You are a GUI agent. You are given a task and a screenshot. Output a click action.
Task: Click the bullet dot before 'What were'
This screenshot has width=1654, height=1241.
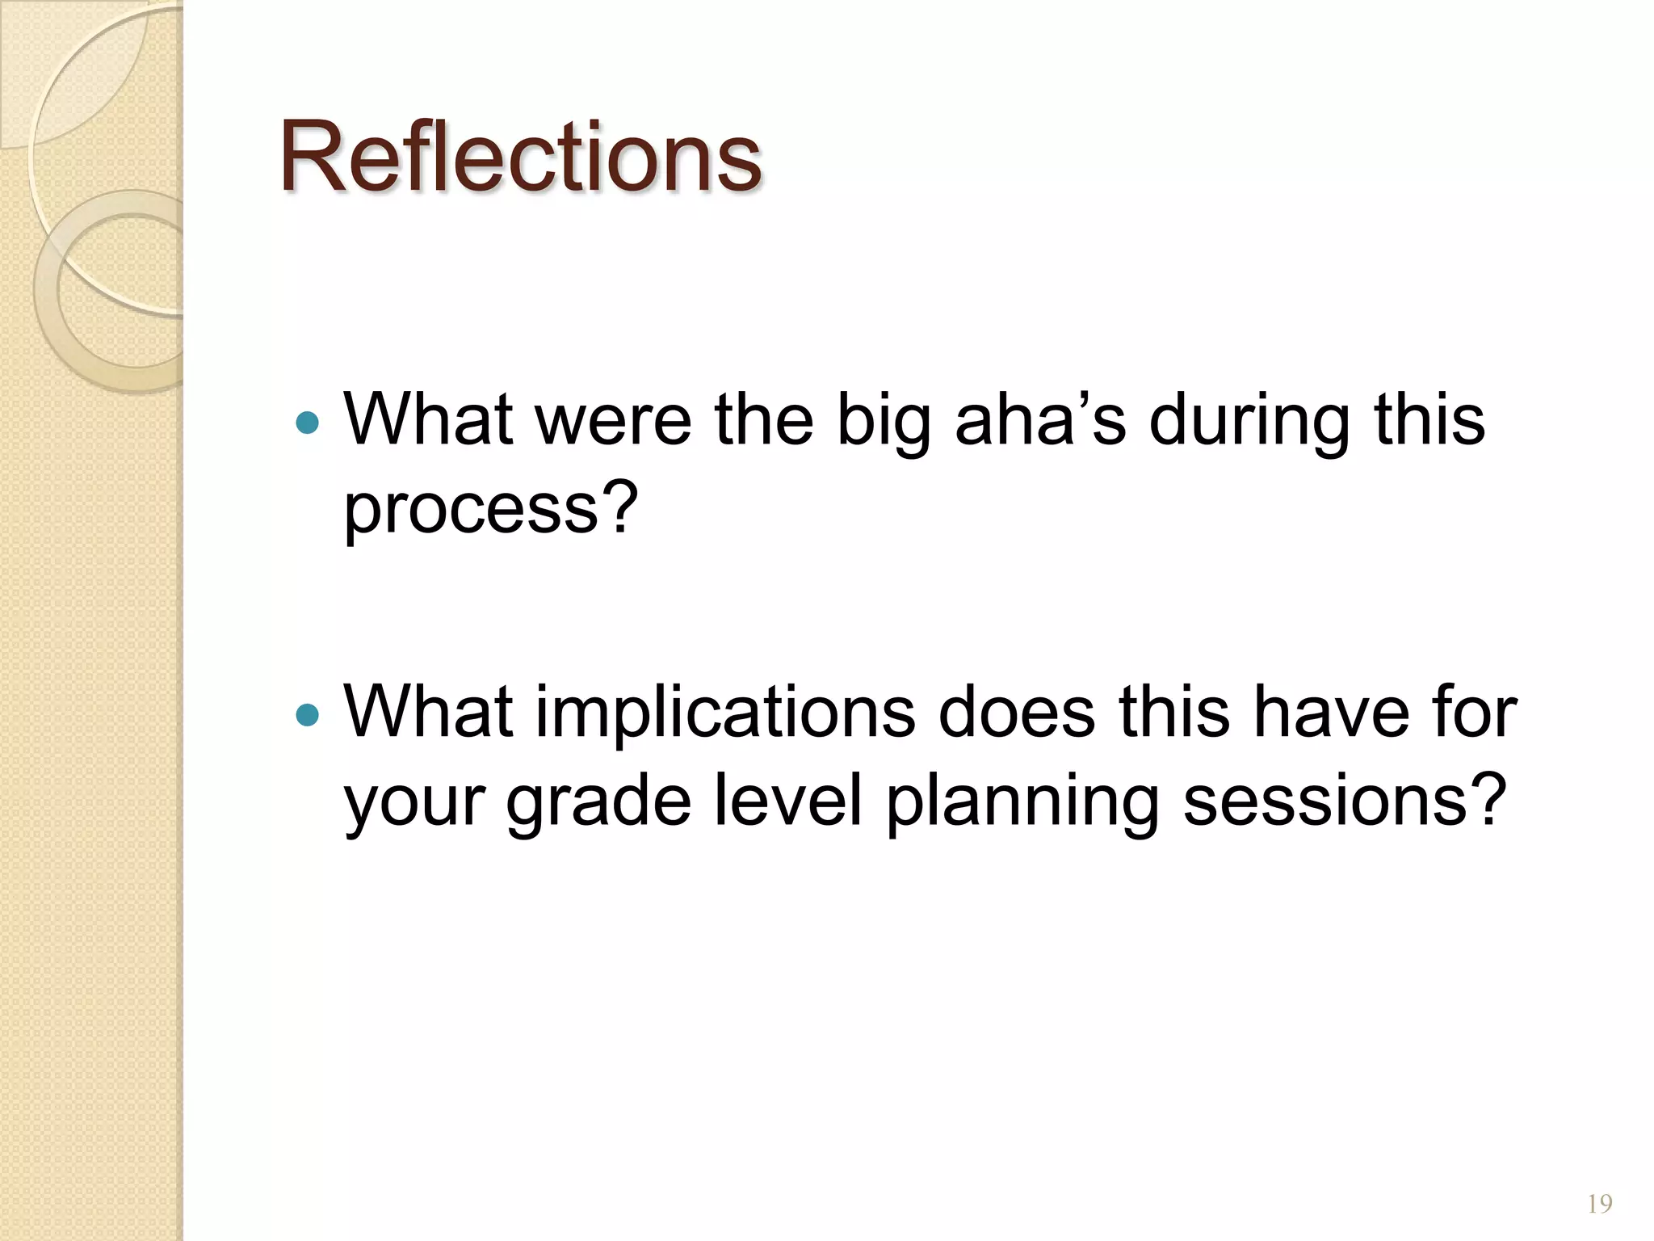point(308,422)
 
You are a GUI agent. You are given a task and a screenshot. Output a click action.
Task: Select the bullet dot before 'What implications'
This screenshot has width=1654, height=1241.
point(308,714)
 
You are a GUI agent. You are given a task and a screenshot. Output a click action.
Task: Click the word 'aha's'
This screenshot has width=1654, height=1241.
point(1040,419)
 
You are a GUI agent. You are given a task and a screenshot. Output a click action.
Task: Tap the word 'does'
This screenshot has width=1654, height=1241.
point(1016,713)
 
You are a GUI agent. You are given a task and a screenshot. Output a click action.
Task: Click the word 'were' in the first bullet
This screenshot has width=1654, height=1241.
point(613,421)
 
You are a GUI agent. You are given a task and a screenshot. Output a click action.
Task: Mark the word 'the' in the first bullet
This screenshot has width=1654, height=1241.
point(763,419)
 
